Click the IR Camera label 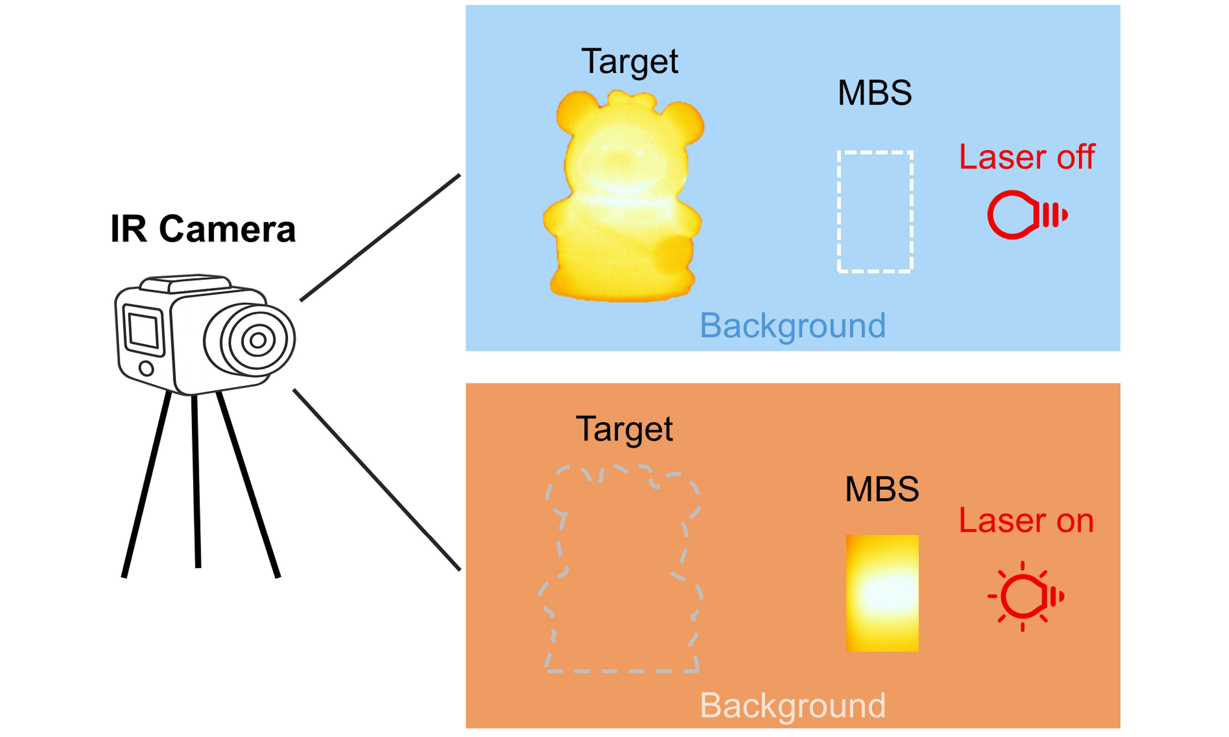tap(203, 229)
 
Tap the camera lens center tap(257, 341)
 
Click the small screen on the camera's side tap(143, 330)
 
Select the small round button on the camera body tap(146, 368)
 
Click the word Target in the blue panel tap(629, 62)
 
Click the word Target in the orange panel tap(624, 429)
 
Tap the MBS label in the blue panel tap(874, 93)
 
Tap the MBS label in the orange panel tap(882, 490)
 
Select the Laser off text tap(1027, 157)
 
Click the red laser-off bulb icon tap(1026, 215)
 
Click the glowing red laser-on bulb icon tap(1025, 596)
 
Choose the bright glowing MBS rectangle tap(882, 593)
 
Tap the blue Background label tap(792, 326)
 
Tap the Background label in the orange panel tap(792, 705)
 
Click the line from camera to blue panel tap(380, 238)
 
